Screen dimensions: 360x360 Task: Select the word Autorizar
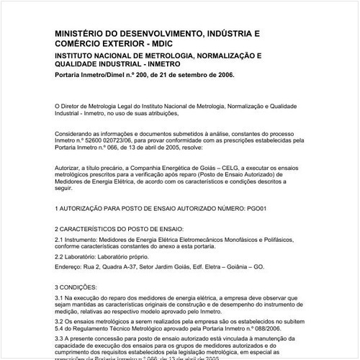point(70,166)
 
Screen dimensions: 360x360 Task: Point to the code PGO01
point(254,207)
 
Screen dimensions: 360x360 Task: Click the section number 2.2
point(60,256)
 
